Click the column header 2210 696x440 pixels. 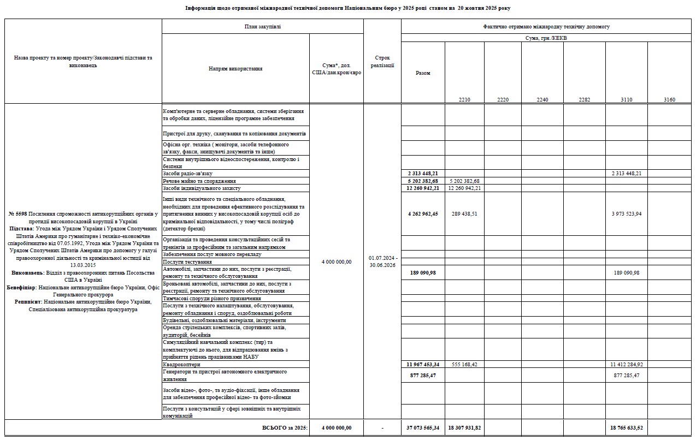tap(464, 100)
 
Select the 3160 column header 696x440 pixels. tap(669, 100)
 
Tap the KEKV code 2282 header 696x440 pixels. tap(584, 100)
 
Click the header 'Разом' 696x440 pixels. tap(423, 73)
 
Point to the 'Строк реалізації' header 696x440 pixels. tap(382, 61)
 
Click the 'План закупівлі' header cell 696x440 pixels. tap(262, 26)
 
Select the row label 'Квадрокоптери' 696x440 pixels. tap(182, 364)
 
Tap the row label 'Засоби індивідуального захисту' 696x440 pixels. tap(202, 188)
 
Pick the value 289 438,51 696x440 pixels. tap(464, 214)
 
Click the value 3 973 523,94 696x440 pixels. tap(627, 214)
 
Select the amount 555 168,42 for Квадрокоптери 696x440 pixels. tap(464, 364)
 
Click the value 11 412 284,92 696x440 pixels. tap(627, 364)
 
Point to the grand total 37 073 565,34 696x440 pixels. tap(423, 428)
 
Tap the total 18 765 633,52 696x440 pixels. tap(627, 428)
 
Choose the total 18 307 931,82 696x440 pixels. tap(464, 428)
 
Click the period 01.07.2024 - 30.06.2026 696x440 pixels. tap(382, 261)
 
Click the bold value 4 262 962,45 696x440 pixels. tap(423, 214)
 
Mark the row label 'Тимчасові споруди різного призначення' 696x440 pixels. tap(211, 299)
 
